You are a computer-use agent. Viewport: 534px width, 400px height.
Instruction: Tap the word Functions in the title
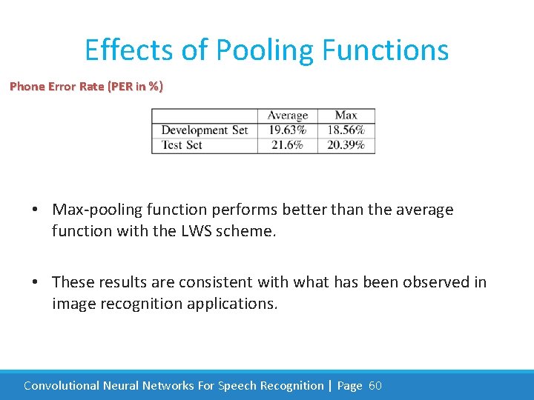(386, 50)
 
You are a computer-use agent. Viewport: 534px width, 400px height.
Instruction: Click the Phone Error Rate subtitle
(86, 87)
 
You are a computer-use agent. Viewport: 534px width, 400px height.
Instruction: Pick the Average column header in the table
(287, 116)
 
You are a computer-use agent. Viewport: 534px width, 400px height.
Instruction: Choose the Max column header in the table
(346, 116)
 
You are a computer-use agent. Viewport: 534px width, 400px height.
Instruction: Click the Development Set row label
(204, 130)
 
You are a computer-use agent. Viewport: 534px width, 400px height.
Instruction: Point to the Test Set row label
(182, 145)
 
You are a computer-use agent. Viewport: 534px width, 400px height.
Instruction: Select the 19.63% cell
(287, 130)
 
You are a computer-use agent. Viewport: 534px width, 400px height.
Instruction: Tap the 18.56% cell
(346, 130)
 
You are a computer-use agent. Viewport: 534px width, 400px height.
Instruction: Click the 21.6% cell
(287, 145)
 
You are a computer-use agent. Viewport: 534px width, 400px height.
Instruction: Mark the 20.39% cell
(346, 145)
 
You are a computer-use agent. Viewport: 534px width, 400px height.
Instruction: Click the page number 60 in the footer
(375, 385)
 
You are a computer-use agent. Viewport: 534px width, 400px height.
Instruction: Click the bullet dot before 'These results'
(36, 282)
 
